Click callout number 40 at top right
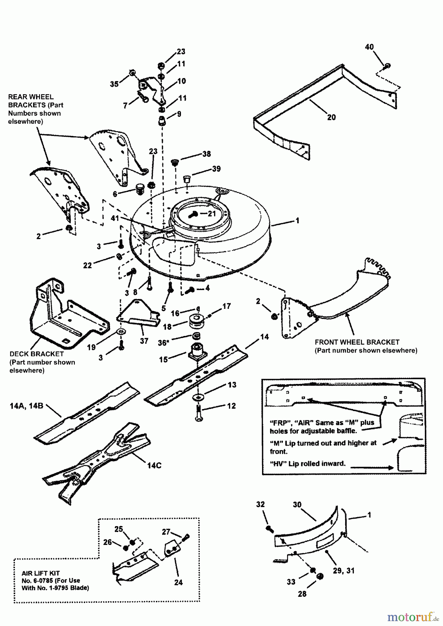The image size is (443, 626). click(x=369, y=47)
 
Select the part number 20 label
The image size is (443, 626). click(x=332, y=117)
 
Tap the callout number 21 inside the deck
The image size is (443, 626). click(x=212, y=214)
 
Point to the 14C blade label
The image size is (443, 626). click(x=154, y=465)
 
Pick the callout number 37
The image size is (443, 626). click(x=144, y=341)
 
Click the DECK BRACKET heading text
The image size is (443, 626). click(x=37, y=354)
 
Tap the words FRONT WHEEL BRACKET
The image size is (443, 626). click(x=357, y=342)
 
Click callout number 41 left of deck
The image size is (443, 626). click(x=114, y=218)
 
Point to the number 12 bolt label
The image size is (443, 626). click(x=231, y=406)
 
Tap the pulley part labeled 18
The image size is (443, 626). click(x=197, y=321)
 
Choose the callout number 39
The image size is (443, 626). click(x=216, y=169)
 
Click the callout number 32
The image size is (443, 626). click(x=260, y=505)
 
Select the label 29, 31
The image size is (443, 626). click(x=344, y=571)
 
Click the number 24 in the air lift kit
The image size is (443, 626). click(x=178, y=583)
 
